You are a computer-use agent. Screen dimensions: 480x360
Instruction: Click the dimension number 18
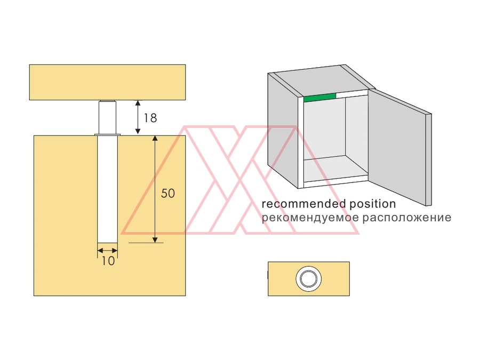[x=150, y=118]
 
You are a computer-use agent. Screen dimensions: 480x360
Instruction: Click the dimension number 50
[x=168, y=193]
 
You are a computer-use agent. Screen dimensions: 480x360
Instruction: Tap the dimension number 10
[x=108, y=261]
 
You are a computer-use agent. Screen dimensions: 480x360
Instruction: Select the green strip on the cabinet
[x=319, y=98]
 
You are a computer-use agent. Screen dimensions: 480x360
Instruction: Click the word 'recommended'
[x=303, y=204]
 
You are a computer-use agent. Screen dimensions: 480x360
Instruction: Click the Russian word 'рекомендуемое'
[x=310, y=218]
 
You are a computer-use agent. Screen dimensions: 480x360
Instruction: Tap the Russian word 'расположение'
[x=407, y=218]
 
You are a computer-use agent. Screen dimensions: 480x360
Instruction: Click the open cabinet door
[x=400, y=147]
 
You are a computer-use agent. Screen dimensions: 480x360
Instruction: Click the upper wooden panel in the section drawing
[x=107, y=82]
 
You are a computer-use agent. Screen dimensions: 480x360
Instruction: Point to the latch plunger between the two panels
[x=107, y=117]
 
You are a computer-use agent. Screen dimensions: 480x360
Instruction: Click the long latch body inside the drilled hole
[x=107, y=189]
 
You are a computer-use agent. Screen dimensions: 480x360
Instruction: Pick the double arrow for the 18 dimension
[x=138, y=117]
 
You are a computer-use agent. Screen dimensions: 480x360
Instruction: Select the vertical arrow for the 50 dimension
[x=155, y=189]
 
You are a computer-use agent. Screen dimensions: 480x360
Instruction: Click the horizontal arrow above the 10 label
[x=107, y=251]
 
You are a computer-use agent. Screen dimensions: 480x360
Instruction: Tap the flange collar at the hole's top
[x=107, y=135]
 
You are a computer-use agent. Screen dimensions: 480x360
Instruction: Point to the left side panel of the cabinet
[x=283, y=130]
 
